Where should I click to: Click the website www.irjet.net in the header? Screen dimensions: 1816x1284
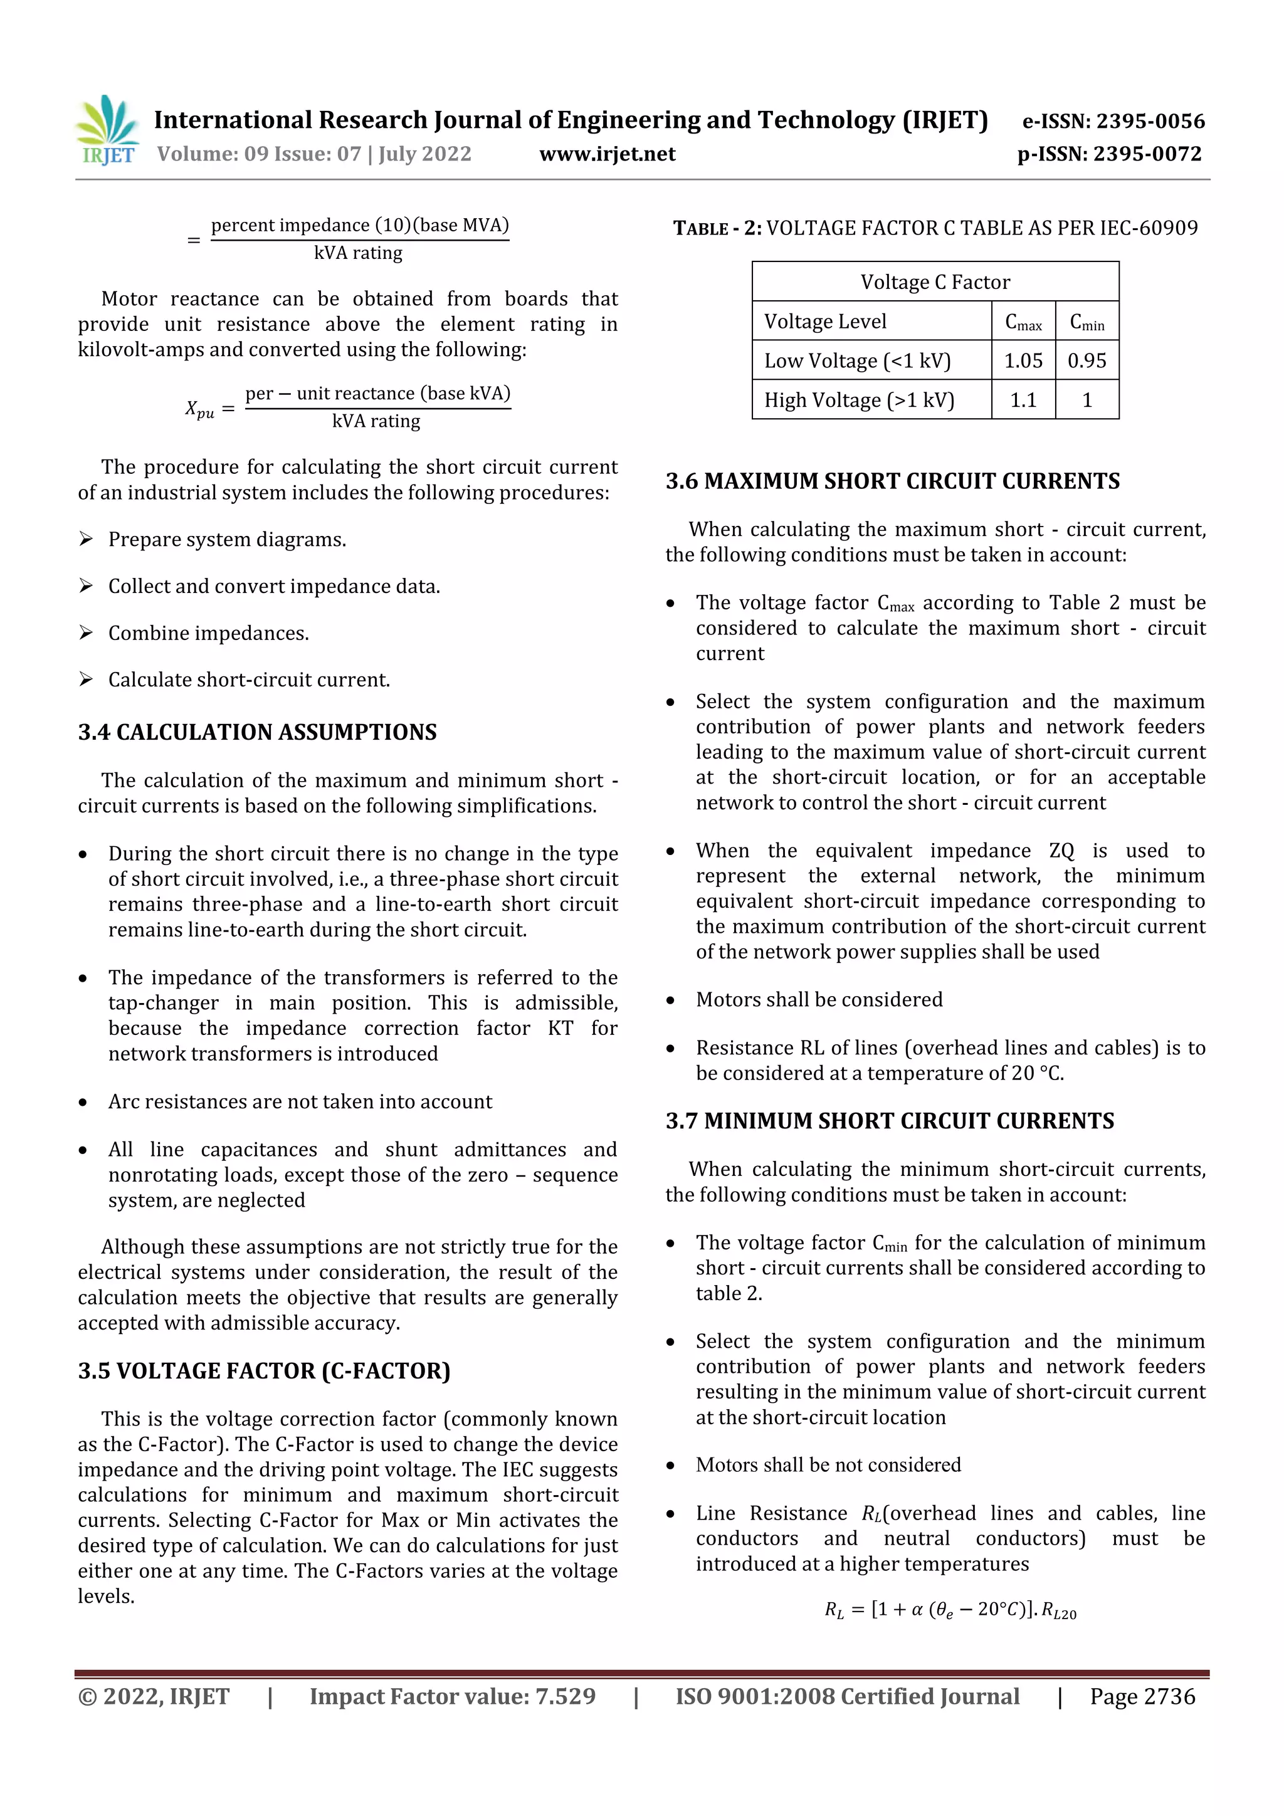[607, 154]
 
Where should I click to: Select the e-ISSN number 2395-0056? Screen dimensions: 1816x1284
[1149, 121]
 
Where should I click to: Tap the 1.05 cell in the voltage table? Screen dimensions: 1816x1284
[1023, 360]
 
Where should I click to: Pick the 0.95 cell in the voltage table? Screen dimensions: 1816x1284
[1087, 360]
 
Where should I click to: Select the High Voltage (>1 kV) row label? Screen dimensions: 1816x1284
[859, 400]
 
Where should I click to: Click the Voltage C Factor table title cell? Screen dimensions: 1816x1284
[935, 282]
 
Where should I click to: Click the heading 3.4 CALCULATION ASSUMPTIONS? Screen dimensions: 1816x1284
[257, 732]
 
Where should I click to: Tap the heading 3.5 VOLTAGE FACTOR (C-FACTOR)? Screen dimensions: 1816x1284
[264, 1371]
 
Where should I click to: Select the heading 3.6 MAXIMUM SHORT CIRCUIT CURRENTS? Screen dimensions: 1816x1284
[892, 481]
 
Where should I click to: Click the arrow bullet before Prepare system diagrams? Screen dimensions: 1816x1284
[85, 540]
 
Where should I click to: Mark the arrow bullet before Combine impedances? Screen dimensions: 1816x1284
[85, 632]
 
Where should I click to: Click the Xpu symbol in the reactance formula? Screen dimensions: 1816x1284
[199, 409]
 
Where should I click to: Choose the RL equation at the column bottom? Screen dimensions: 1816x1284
[949, 1610]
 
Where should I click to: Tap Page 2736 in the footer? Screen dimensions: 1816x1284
[1142, 1696]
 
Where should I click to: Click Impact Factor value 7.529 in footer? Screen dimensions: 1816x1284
[452, 1696]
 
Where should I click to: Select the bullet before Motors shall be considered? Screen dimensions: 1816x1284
[670, 1000]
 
